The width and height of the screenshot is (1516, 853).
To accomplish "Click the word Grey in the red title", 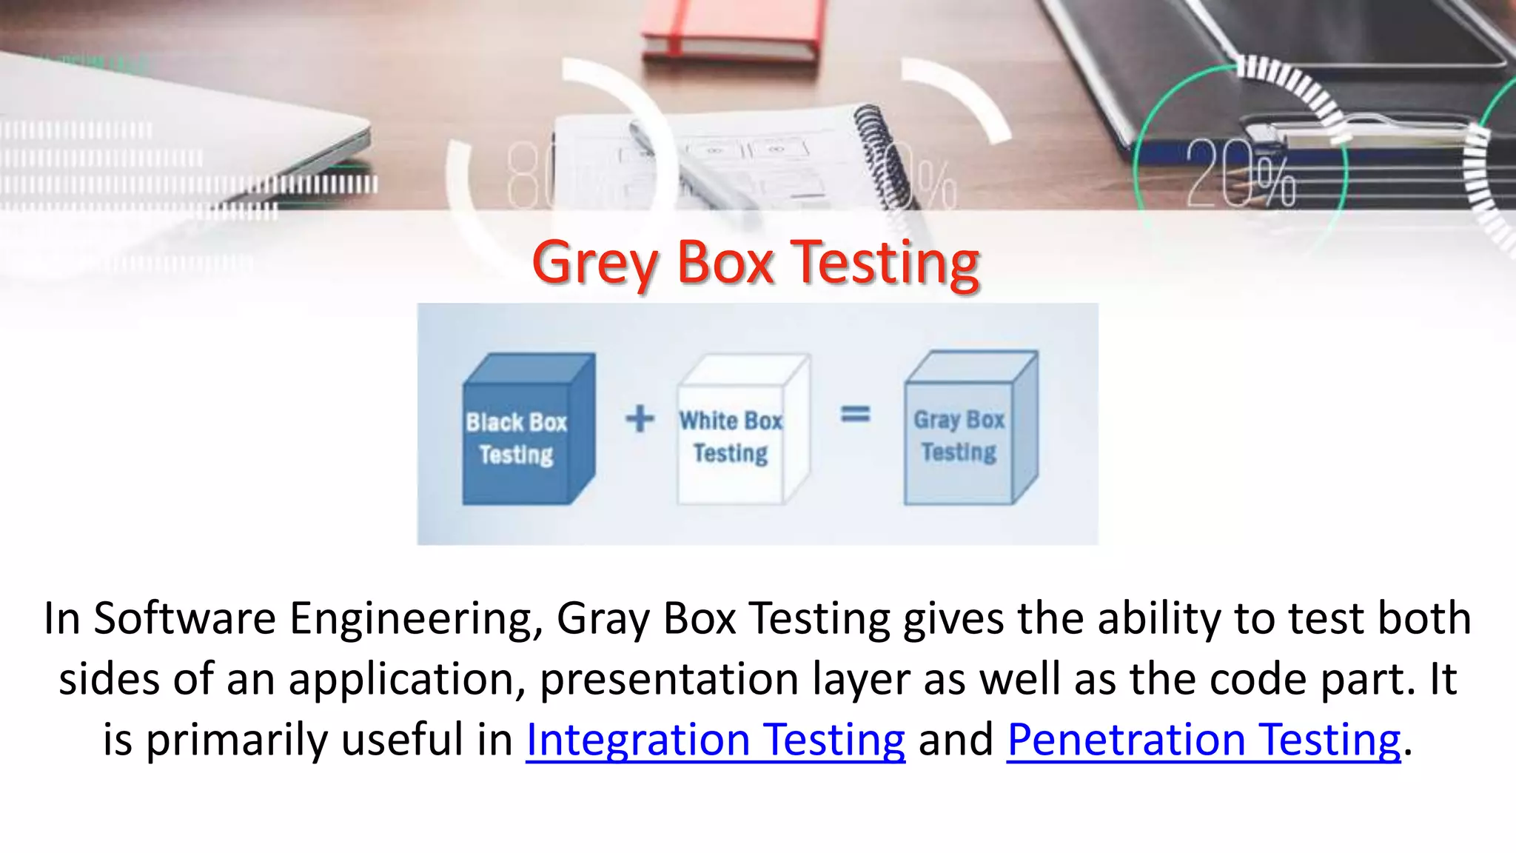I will pyautogui.click(x=594, y=264).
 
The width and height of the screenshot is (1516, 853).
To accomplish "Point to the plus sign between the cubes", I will pyautogui.click(x=640, y=418).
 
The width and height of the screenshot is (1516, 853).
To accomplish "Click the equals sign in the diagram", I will pyautogui.click(x=855, y=414).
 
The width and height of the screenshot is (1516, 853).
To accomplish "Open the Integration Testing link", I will pyautogui.click(x=715, y=740).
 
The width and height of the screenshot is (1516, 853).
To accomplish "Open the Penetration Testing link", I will pyautogui.click(x=1204, y=740).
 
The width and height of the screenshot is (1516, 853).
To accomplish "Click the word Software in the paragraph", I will pyautogui.click(x=184, y=618).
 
